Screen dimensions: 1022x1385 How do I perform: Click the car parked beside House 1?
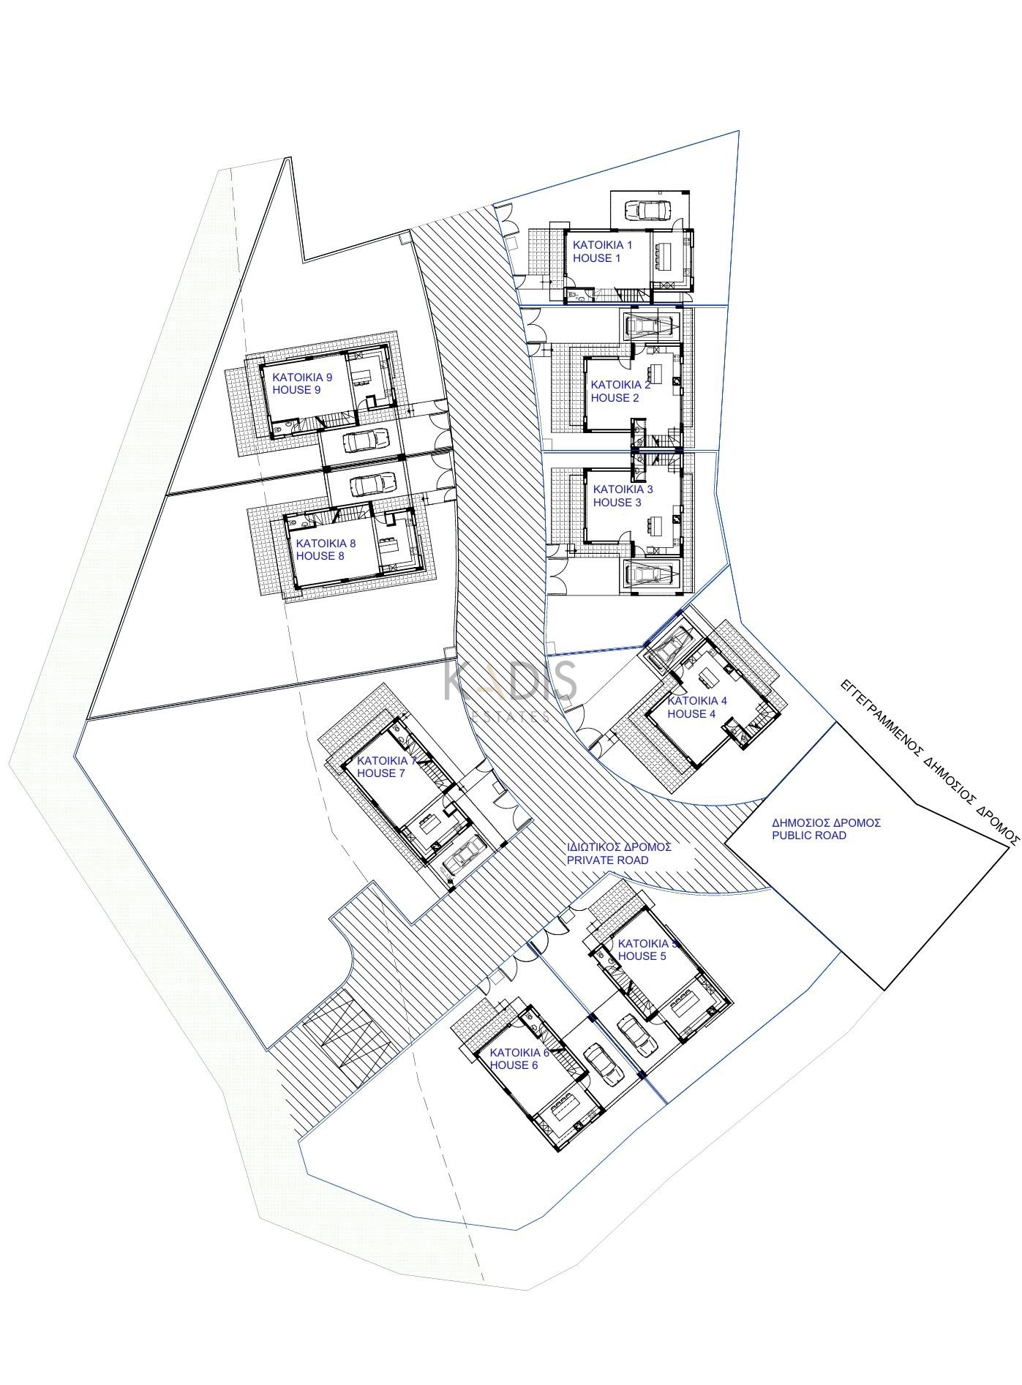[x=647, y=211]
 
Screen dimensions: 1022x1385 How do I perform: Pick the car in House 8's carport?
[x=373, y=484]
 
